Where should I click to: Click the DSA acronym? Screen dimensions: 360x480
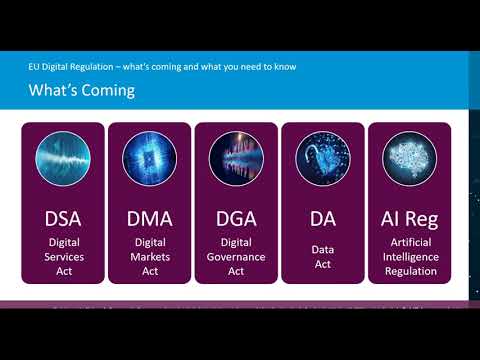click(x=63, y=219)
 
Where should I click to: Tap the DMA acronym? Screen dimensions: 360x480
click(x=150, y=219)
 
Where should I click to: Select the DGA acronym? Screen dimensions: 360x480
click(x=237, y=219)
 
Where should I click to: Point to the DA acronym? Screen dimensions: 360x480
click(x=322, y=219)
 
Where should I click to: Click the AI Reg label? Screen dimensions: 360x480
click(x=409, y=219)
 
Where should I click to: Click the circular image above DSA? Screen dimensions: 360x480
click(x=63, y=160)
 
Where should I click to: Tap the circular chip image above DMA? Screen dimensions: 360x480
click(x=150, y=160)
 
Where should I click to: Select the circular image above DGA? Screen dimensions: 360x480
click(x=237, y=160)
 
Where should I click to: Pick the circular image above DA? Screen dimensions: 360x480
click(x=322, y=160)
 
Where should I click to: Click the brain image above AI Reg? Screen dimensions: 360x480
click(x=409, y=160)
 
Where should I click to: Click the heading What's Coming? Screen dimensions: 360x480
click(x=81, y=91)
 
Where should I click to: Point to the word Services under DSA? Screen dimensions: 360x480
click(x=63, y=256)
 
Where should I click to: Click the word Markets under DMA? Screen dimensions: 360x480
click(x=150, y=256)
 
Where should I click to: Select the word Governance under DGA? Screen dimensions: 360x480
click(x=237, y=256)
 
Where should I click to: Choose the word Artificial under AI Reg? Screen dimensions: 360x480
click(x=409, y=242)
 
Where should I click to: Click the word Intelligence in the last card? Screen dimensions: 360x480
click(x=409, y=256)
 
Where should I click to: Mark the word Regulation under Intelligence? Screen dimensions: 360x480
click(x=409, y=270)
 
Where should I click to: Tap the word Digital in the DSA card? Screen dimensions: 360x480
click(x=63, y=242)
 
